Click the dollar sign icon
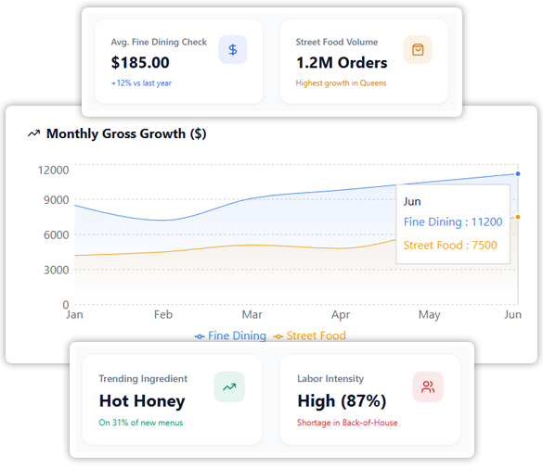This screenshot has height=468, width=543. pos(233,50)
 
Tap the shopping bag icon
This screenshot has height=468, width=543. pos(418,50)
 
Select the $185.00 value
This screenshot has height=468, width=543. pos(140,63)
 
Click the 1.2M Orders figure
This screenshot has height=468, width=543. pos(342,63)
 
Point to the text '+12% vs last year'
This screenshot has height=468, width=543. pos(141,83)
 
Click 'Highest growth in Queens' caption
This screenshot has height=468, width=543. pos(341,83)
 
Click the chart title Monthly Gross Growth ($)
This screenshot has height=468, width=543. pos(126,133)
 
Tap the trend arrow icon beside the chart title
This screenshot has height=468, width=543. pos(34,133)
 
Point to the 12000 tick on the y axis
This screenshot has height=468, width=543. pos(53,170)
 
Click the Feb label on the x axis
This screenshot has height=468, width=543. pos(163,315)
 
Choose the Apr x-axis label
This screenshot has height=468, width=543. pos(341,315)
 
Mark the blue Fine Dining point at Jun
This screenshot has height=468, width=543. pos(517,173)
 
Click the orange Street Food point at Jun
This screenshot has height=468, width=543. pos(517,217)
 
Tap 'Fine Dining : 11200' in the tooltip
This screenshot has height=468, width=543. pos(453,222)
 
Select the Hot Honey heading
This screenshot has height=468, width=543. pos(142,401)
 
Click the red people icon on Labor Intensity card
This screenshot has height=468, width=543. pos(428,386)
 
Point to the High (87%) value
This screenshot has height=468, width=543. pos(342,401)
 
